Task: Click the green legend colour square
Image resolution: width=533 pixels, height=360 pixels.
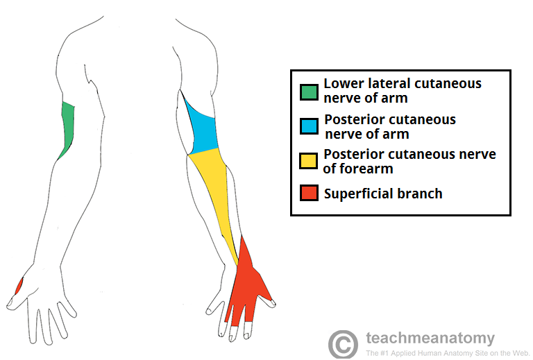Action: (x=309, y=92)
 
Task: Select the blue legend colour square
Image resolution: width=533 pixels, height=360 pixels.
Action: (x=309, y=126)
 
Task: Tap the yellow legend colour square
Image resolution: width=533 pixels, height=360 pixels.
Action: (x=309, y=161)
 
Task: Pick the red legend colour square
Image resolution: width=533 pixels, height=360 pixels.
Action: (x=309, y=193)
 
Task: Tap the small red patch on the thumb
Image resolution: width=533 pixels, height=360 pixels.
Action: (x=19, y=286)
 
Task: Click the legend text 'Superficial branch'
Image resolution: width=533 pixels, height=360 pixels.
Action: (x=383, y=194)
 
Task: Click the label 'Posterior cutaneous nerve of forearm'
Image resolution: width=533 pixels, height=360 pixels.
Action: (x=409, y=161)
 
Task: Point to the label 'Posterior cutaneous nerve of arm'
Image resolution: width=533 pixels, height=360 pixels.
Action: (x=390, y=126)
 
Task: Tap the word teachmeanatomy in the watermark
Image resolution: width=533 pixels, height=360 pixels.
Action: (x=430, y=338)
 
